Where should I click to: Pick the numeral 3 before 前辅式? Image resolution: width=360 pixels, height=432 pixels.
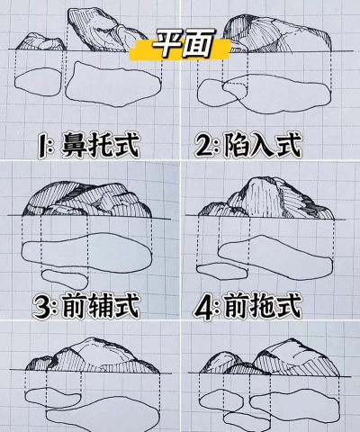point(42,307)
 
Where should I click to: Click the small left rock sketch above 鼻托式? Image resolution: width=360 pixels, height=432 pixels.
point(39,41)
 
